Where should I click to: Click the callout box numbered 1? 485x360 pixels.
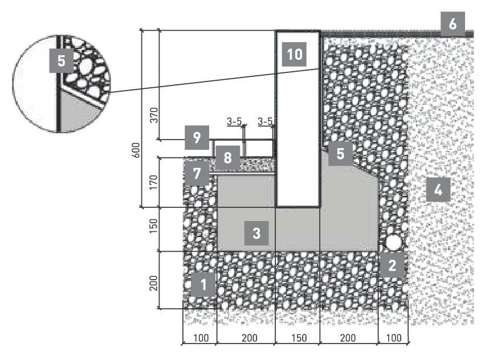[x=203, y=284]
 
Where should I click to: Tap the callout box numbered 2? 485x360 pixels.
[x=392, y=265]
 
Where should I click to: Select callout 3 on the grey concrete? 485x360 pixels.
[x=256, y=233]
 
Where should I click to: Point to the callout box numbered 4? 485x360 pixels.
[x=438, y=189]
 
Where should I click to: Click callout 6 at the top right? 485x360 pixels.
[x=453, y=24]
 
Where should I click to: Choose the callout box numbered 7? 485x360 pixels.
[x=197, y=173]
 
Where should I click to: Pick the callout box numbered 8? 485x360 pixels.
[x=227, y=158]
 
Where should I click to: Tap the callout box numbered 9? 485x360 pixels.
[x=197, y=138]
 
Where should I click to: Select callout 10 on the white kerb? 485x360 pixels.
[x=294, y=55]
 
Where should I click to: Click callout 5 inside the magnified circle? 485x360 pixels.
[x=62, y=60]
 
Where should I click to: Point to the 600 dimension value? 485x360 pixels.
[x=136, y=150]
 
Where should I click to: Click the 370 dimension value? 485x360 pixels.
[x=154, y=115]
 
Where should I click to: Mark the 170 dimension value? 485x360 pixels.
[x=154, y=182]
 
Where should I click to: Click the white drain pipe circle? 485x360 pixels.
[x=393, y=242]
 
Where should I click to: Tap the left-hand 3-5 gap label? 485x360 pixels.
[x=234, y=121]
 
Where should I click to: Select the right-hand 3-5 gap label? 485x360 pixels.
[x=265, y=121]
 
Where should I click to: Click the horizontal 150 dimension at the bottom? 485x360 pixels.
[x=299, y=338]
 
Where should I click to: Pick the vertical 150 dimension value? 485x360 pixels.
[x=154, y=226]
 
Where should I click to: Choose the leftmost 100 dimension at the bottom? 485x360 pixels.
[x=201, y=338]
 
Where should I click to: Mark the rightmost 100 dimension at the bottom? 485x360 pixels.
[x=394, y=338]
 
